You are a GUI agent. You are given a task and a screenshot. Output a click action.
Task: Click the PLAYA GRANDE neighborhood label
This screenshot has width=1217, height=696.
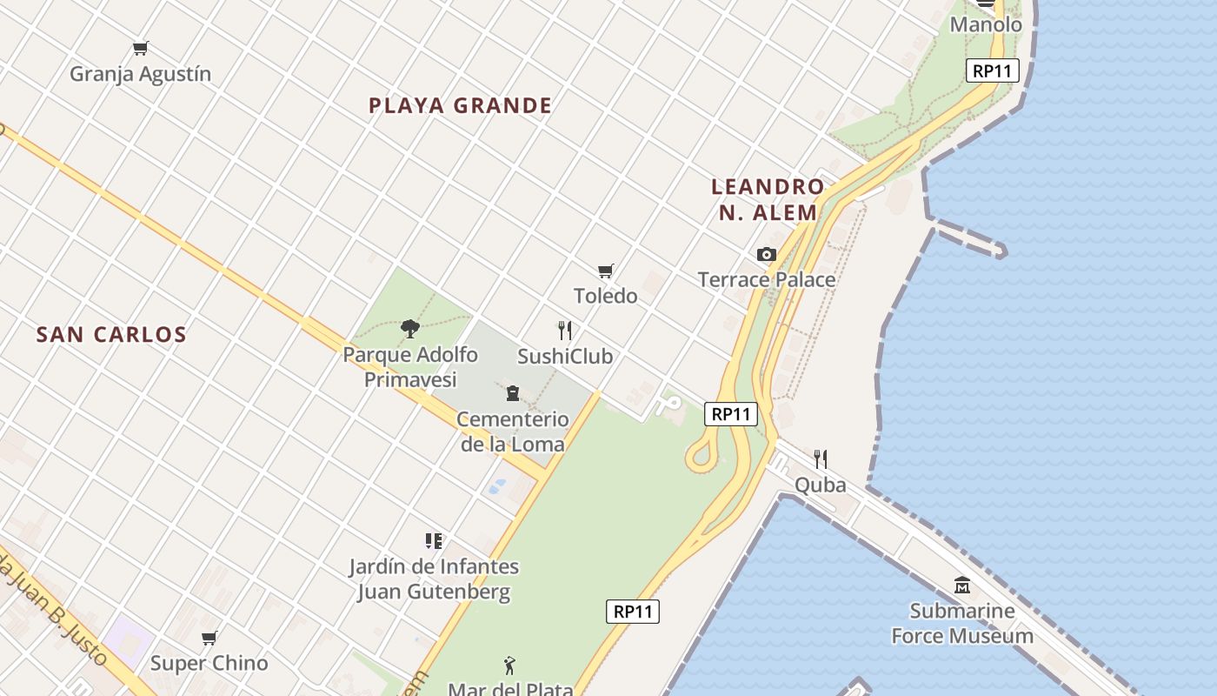pos(460,106)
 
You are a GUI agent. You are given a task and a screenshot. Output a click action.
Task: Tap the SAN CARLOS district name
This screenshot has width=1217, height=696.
pos(111,335)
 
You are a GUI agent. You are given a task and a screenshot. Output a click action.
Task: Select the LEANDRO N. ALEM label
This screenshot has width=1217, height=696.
pos(767,199)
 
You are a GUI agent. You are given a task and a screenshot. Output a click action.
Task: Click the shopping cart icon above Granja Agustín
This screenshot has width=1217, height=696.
pos(140,49)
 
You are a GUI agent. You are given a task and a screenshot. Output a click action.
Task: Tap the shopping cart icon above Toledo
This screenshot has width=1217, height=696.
pos(606,271)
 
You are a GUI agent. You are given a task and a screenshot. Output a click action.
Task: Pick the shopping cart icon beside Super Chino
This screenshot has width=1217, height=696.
pos(209,639)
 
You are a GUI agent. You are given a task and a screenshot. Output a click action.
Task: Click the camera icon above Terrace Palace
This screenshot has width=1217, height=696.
pos(766,255)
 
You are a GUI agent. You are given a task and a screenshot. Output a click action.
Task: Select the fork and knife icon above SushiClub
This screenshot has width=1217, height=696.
pos(565,331)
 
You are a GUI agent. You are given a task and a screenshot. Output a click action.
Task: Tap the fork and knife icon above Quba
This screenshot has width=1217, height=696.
pos(820,458)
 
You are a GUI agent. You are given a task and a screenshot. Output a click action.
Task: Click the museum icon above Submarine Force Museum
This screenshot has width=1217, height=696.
pos(961,586)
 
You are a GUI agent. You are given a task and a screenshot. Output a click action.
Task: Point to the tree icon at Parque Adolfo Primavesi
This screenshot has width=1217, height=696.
pos(410,329)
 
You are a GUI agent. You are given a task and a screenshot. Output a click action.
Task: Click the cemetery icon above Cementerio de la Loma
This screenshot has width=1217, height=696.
pos(513,393)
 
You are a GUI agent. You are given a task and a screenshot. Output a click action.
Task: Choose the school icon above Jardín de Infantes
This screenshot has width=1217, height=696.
pos(434,541)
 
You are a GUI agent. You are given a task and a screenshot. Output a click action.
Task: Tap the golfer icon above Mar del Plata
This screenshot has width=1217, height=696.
pos(510,666)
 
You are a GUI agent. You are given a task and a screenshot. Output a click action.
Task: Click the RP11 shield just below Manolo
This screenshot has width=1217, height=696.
pos(992,70)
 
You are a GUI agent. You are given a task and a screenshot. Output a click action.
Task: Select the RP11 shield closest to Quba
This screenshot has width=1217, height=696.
pos(730,414)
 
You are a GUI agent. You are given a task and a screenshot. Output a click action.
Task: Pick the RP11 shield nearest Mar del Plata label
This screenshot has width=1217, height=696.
pos(633,612)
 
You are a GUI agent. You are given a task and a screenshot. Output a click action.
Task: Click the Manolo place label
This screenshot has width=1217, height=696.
pos(986,24)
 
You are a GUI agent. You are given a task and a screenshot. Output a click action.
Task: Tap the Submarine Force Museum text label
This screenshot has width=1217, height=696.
pos(962,623)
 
